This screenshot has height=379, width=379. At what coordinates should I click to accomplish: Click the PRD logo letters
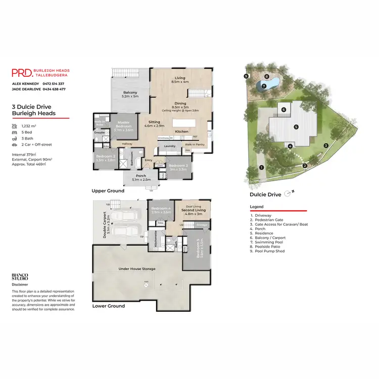21,73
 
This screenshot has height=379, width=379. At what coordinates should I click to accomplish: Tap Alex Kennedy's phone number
53,83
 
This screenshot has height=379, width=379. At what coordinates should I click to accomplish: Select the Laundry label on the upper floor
169,147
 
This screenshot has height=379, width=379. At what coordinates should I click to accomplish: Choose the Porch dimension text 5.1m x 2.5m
140,179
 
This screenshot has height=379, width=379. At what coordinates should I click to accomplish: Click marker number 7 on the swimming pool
264,86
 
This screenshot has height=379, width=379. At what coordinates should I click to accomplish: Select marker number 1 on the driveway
261,167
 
